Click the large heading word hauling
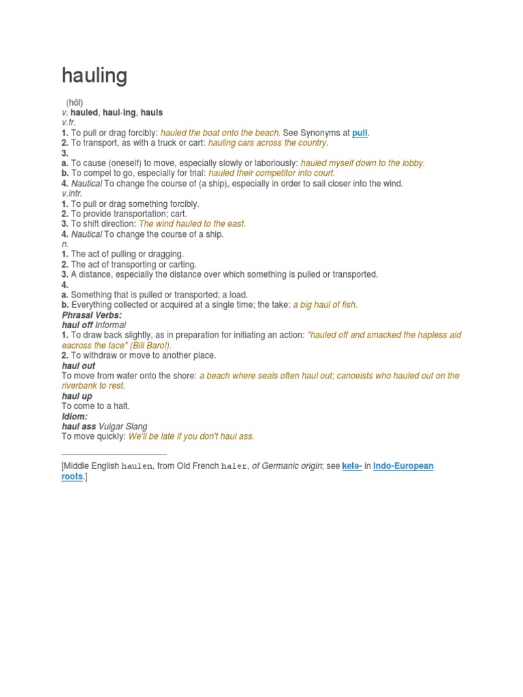pos(95,76)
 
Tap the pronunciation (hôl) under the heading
pos(75,102)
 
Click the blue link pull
pos(360,133)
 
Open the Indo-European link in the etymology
pos(403,466)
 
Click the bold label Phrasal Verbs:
pos(92,315)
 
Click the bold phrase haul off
pos(77,325)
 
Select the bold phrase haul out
pos(78,366)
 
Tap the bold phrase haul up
pos(77,396)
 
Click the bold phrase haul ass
pos(79,427)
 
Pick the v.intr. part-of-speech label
pos(72,193)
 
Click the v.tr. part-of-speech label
pos(69,123)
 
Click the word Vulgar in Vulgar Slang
pos(112,427)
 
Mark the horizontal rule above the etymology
pos(114,454)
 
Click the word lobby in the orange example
pos(410,163)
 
